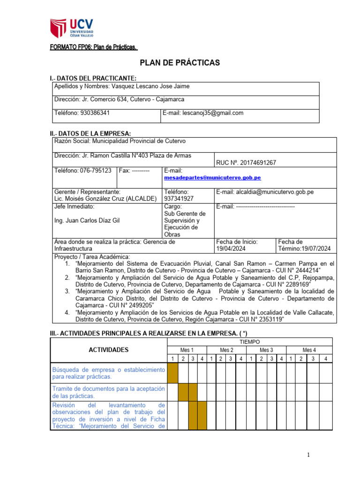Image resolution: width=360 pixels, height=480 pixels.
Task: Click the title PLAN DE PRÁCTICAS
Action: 180,63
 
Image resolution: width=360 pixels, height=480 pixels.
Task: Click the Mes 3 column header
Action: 266,350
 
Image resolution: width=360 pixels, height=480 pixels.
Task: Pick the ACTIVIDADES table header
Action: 109,350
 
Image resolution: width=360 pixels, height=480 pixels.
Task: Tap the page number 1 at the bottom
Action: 309,455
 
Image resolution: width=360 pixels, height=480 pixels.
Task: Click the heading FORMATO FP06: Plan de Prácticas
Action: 94,47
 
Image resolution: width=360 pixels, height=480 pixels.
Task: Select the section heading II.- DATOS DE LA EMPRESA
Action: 90,134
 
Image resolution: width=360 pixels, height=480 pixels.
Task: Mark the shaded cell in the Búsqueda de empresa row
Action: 173,373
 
